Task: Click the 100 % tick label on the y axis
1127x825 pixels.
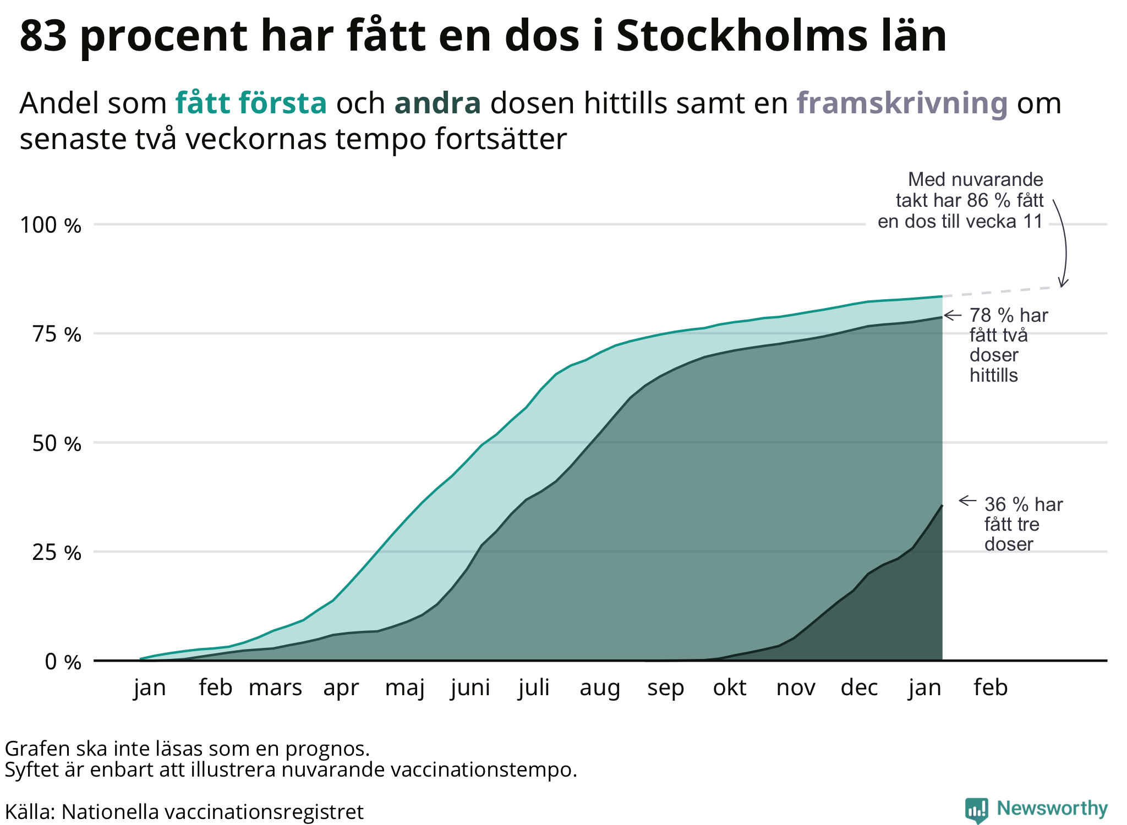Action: (x=50, y=226)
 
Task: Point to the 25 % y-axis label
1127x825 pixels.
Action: (x=56, y=553)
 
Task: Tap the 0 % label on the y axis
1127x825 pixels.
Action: (x=63, y=662)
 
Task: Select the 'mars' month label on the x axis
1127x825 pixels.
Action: (x=275, y=688)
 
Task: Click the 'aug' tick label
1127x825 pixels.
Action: (x=600, y=688)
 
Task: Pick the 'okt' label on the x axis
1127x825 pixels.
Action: (x=730, y=688)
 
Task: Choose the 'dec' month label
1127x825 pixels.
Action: (x=859, y=688)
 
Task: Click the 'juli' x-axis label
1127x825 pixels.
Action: (x=534, y=688)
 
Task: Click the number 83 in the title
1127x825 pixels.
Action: (x=43, y=36)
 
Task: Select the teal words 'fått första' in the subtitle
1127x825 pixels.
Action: (x=251, y=103)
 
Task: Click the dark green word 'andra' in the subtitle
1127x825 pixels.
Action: (x=437, y=103)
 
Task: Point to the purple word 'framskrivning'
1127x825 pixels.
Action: (x=902, y=103)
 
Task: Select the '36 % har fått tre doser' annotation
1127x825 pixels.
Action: (x=1022, y=524)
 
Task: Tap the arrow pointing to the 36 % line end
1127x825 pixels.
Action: (x=967, y=501)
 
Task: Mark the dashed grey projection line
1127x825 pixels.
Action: (x=1002, y=291)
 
